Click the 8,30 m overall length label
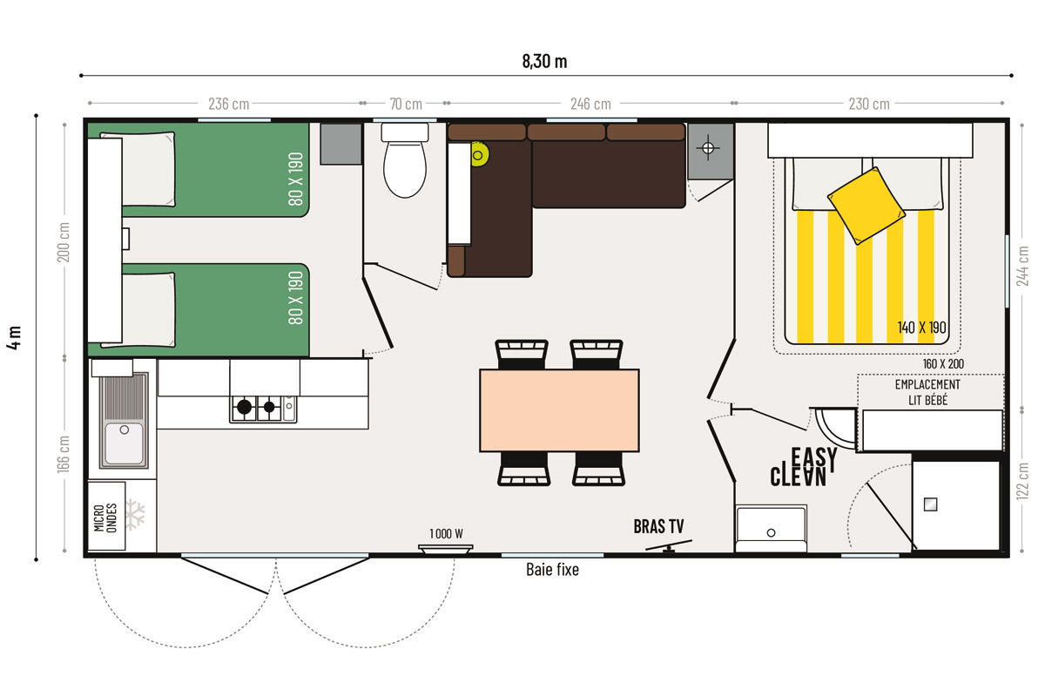click(x=544, y=61)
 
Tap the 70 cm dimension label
click(x=406, y=104)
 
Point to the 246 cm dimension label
click(x=590, y=104)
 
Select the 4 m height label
click(x=15, y=337)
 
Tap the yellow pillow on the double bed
click(x=866, y=206)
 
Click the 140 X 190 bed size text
click(x=922, y=328)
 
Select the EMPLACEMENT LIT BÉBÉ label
click(x=928, y=392)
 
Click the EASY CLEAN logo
click(x=803, y=467)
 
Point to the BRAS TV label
click(x=658, y=526)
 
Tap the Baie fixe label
click(x=552, y=570)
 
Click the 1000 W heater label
click(x=446, y=533)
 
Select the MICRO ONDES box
click(x=106, y=516)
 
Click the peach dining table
click(x=559, y=410)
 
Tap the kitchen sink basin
click(x=124, y=443)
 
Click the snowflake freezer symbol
click(x=136, y=514)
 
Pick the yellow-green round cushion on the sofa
click(x=480, y=154)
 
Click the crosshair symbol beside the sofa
click(x=708, y=148)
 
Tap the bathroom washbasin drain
click(x=772, y=532)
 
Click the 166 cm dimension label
click(x=64, y=454)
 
